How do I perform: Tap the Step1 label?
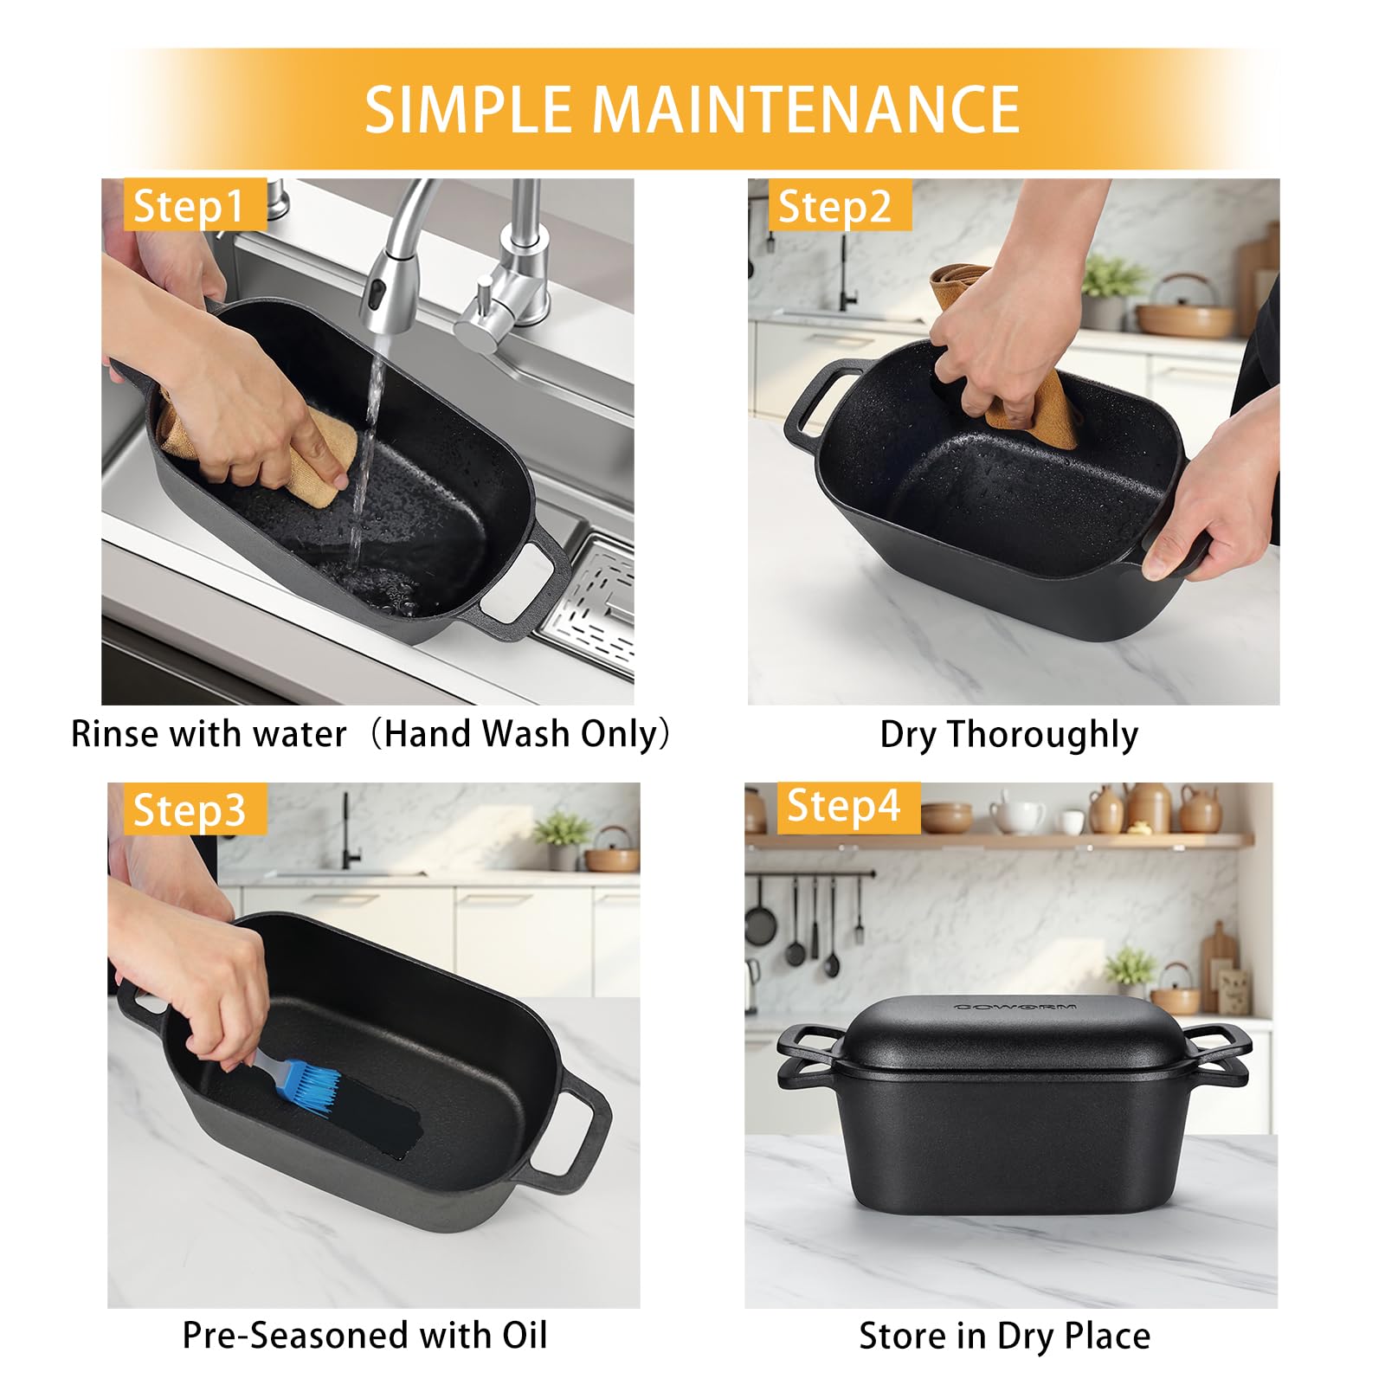coord(189,205)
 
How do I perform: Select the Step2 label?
coord(834,206)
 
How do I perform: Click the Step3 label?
coord(190,810)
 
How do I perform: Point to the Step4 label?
coord(843,806)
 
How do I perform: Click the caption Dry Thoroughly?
coord(1008,735)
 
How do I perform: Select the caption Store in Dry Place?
coord(1004,1336)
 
